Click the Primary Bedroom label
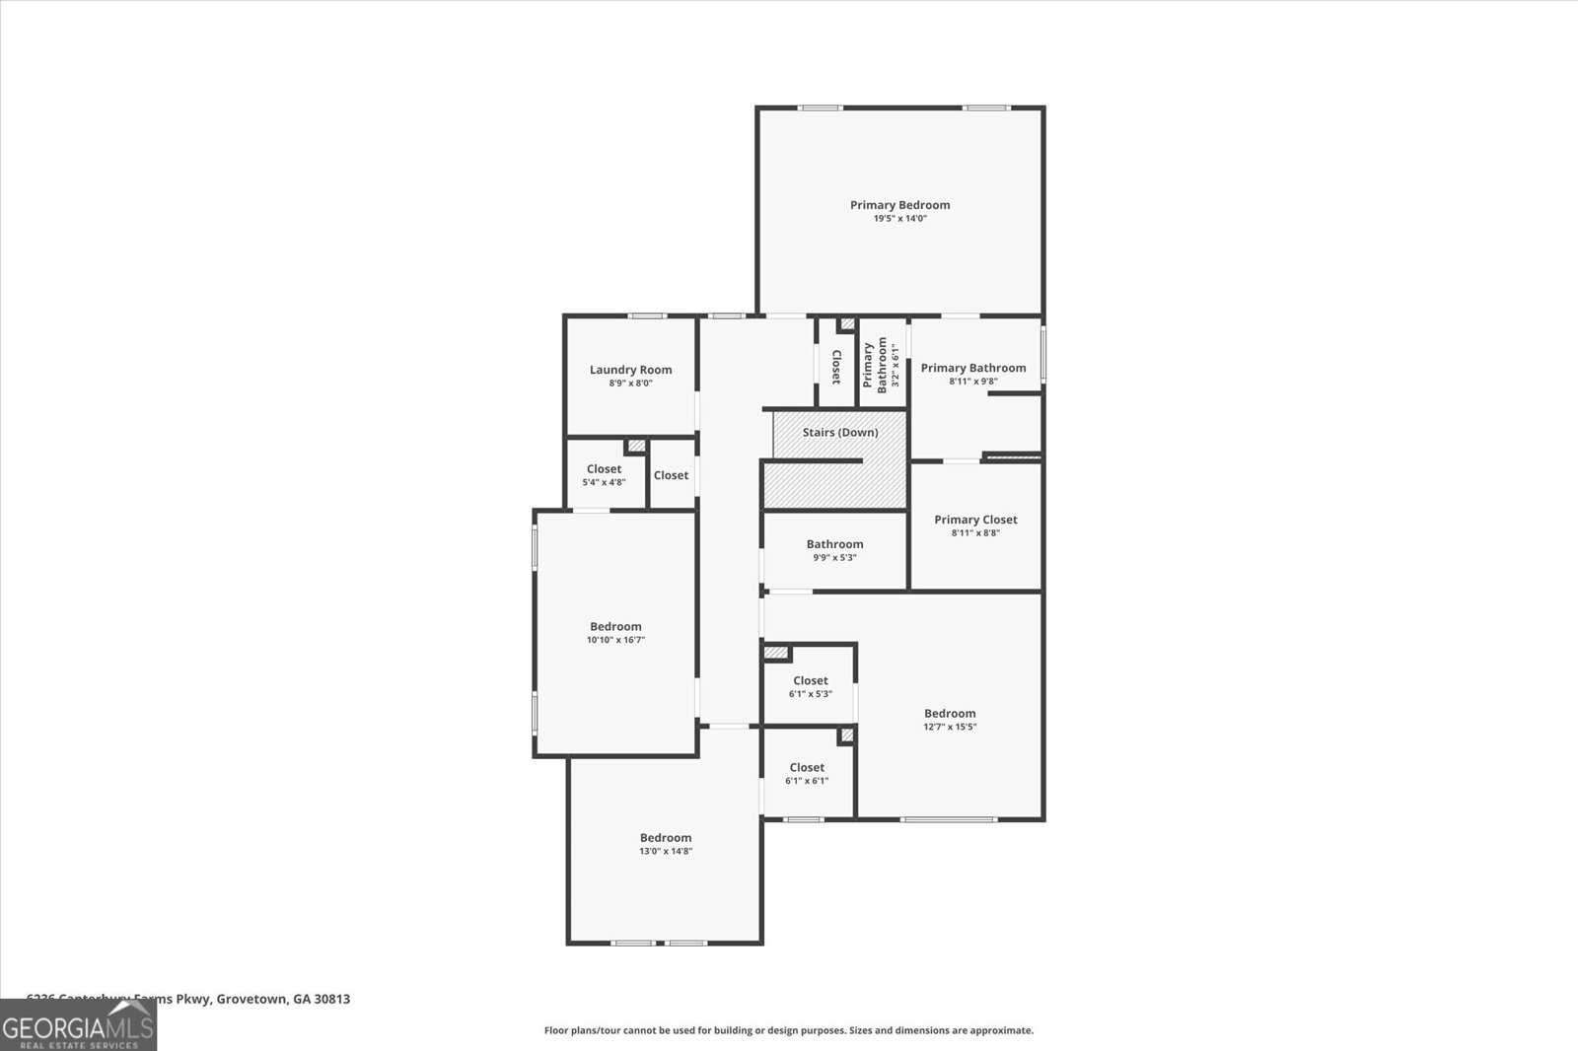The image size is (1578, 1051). [899, 205]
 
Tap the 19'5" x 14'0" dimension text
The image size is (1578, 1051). [899, 219]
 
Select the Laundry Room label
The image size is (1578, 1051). [630, 370]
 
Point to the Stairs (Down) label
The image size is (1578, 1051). [839, 432]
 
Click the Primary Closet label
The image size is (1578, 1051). [975, 520]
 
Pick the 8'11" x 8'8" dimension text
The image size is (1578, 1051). [975, 533]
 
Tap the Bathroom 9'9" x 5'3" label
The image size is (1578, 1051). [834, 544]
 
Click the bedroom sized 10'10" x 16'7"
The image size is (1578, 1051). [615, 632]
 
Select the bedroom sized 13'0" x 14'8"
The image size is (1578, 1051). [666, 844]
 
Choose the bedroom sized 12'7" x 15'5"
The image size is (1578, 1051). [950, 719]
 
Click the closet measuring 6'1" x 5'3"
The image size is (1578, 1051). [810, 686]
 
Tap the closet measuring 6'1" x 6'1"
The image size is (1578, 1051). [807, 773]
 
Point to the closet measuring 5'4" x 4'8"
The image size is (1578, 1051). [604, 475]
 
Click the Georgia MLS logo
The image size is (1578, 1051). [77, 1024]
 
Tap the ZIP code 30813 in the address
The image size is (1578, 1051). [331, 999]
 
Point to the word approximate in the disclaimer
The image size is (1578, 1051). [1000, 1030]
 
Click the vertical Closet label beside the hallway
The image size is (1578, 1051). [835, 367]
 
